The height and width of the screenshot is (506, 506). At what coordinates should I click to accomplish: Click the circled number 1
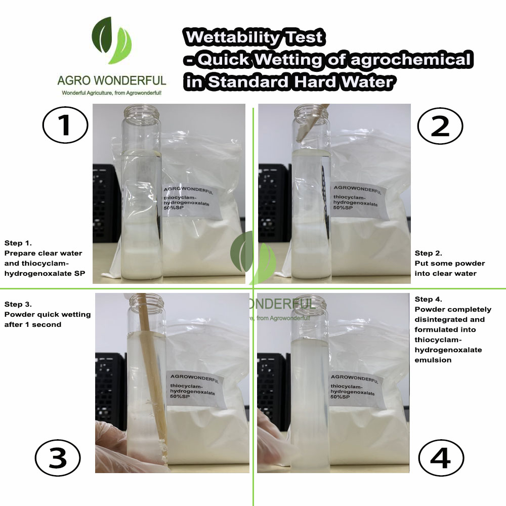pyautogui.click(x=65, y=125)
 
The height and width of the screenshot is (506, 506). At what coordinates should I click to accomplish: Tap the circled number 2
pyautogui.click(x=440, y=125)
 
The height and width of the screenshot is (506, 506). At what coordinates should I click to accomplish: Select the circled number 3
pyautogui.click(x=58, y=458)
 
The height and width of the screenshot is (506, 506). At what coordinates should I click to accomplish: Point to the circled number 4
pyautogui.click(x=441, y=458)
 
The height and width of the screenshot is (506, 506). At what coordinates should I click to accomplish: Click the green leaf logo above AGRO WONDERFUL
pyautogui.click(x=111, y=40)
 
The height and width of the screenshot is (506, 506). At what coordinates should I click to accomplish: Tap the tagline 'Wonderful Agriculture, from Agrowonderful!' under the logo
pyautogui.click(x=111, y=93)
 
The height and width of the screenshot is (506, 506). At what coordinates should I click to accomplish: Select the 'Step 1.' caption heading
pyautogui.click(x=18, y=243)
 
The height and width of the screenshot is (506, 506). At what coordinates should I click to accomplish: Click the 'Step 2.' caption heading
pyautogui.click(x=428, y=254)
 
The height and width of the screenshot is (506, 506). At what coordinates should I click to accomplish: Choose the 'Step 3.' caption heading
pyautogui.click(x=18, y=304)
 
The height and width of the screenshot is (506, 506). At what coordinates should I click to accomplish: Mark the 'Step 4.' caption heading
pyautogui.click(x=428, y=300)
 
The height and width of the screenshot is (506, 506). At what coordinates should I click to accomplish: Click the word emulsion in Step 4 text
pyautogui.click(x=433, y=360)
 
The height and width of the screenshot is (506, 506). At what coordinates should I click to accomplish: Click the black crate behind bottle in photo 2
pyautogui.click(x=274, y=203)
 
